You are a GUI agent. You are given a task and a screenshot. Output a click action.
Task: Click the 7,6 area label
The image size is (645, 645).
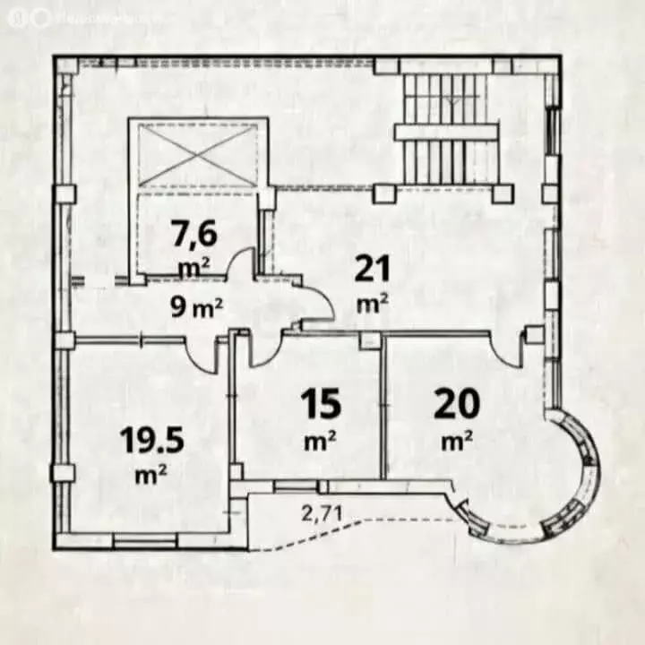click(x=193, y=236)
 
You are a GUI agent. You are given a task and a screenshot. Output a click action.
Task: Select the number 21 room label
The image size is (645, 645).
click(x=370, y=268)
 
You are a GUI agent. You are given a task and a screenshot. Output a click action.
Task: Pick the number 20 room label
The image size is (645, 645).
click(x=457, y=404)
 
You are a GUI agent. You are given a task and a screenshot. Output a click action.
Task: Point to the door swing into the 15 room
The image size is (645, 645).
click(x=262, y=351)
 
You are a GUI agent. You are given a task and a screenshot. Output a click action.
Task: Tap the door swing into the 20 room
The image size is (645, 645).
click(x=508, y=351)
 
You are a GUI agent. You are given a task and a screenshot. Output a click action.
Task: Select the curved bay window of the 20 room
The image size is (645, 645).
click(x=568, y=484)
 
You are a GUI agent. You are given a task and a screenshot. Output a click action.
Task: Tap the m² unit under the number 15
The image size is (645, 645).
click(x=320, y=441)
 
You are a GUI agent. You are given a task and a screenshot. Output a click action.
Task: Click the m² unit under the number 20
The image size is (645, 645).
click(x=457, y=441)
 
